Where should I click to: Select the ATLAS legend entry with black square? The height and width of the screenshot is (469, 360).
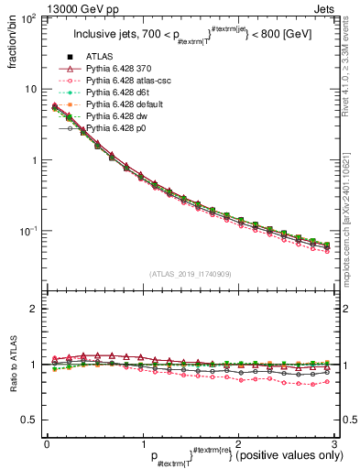[x=102, y=57]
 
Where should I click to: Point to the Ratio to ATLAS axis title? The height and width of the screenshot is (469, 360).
[x=11, y=366]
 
